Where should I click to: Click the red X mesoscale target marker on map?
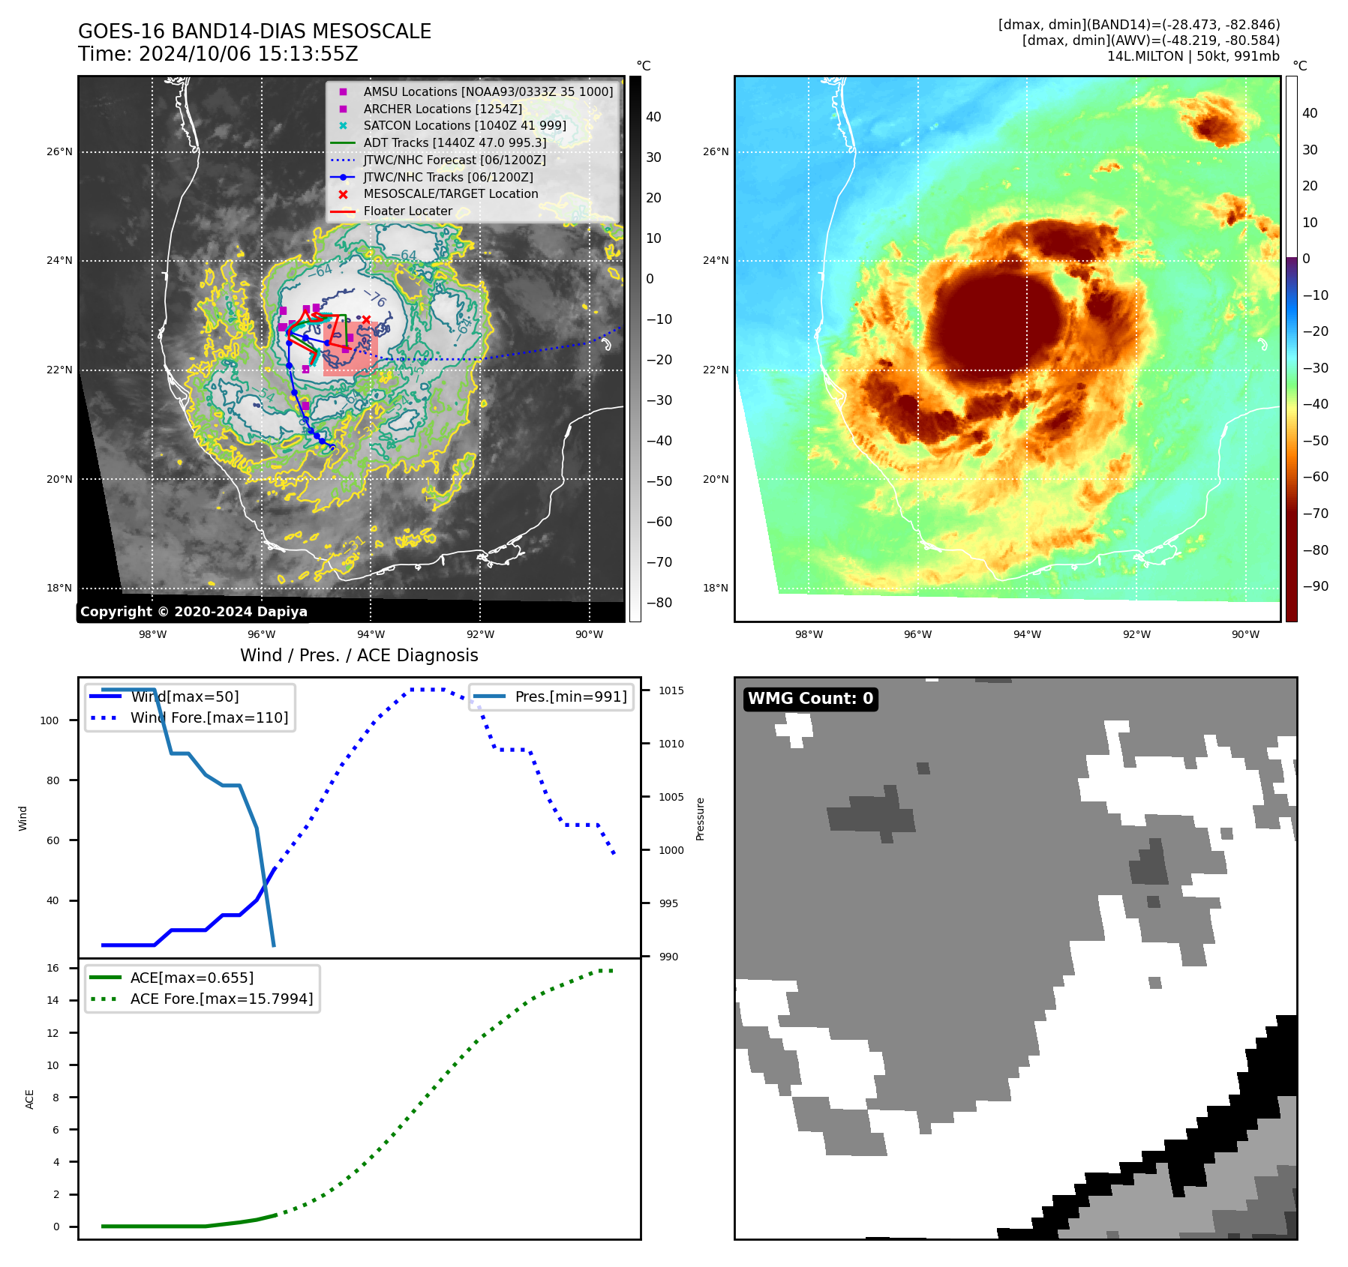click(x=366, y=320)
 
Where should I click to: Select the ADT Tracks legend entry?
click(x=455, y=142)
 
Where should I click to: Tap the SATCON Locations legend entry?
click(x=464, y=125)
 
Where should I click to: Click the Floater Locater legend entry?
click(x=407, y=211)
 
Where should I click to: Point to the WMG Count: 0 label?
click(x=810, y=699)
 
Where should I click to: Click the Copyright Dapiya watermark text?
click(x=194, y=612)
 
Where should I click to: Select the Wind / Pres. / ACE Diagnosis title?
click(x=359, y=655)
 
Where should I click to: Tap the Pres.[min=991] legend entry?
click(x=570, y=696)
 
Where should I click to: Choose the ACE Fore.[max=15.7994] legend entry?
click(x=221, y=999)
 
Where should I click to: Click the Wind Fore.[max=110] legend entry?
click(x=209, y=717)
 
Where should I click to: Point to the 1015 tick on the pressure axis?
click(x=671, y=690)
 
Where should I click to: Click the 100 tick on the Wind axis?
click(x=50, y=720)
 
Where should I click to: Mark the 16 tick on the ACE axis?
click(x=53, y=968)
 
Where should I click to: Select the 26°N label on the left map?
click(x=60, y=152)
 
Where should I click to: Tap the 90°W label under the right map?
click(x=1245, y=634)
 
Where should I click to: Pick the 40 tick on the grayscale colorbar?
click(x=653, y=117)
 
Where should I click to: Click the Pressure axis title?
click(x=700, y=819)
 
